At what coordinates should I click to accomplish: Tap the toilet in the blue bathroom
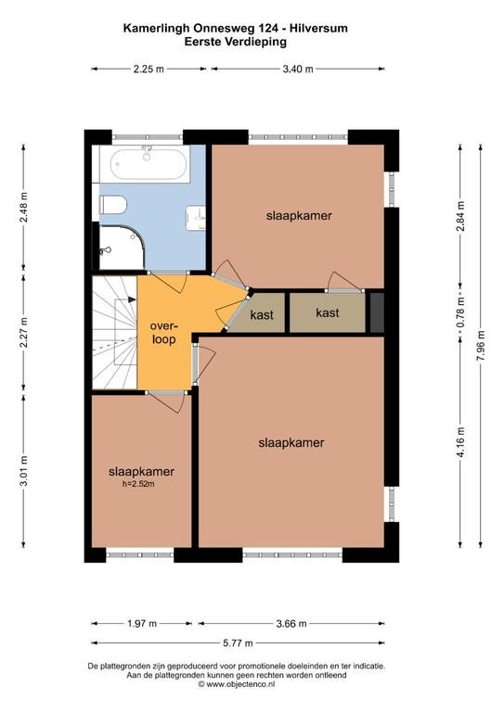(112, 205)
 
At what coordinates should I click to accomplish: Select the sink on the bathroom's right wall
(197, 218)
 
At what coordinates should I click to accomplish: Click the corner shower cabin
(122, 248)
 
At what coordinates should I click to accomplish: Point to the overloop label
(163, 333)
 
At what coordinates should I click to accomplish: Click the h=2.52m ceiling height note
(138, 484)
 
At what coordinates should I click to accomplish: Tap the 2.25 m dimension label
(149, 69)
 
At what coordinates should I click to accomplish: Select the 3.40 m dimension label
(298, 69)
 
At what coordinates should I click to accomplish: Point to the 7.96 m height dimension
(482, 345)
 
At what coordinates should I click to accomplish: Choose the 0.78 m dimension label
(460, 311)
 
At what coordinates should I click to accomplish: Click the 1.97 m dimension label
(142, 623)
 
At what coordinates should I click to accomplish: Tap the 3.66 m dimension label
(291, 623)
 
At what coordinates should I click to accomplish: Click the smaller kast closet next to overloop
(262, 314)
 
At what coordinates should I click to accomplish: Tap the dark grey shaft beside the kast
(377, 312)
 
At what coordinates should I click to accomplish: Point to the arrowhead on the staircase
(132, 299)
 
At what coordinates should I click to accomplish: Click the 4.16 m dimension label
(460, 442)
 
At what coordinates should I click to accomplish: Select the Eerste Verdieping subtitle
(236, 42)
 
